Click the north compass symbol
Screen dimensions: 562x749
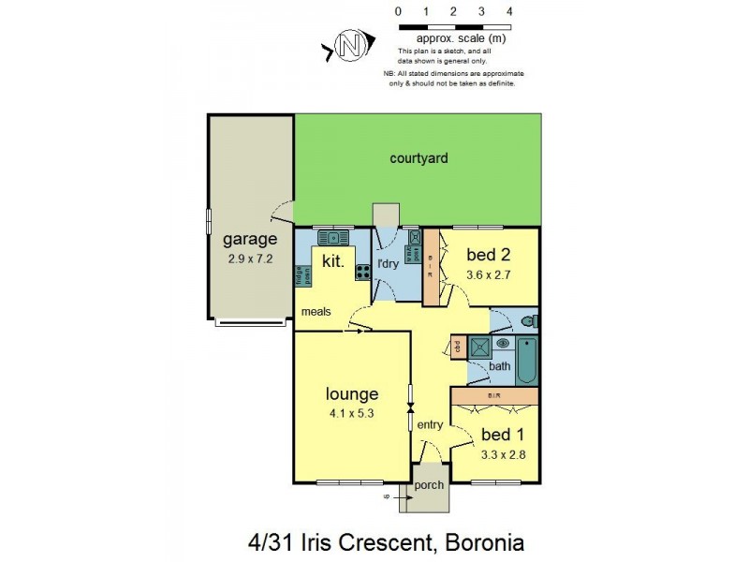pyautogui.click(x=349, y=47)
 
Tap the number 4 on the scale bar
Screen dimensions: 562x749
pyautogui.click(x=508, y=11)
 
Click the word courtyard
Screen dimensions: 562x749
pyautogui.click(x=419, y=158)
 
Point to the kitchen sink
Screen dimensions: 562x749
pyautogui.click(x=332, y=237)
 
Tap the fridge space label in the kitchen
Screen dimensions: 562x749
pyautogui.click(x=302, y=274)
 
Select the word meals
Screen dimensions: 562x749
pyautogui.click(x=316, y=312)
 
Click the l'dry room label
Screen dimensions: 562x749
pyautogui.click(x=388, y=264)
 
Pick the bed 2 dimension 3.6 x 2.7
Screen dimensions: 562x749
pyautogui.click(x=488, y=275)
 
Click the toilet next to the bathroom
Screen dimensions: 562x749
pyautogui.click(x=529, y=323)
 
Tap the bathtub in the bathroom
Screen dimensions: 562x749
pyautogui.click(x=527, y=360)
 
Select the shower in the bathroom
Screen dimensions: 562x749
pyautogui.click(x=479, y=346)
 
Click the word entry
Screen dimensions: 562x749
pyautogui.click(x=430, y=425)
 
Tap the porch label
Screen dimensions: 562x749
pyautogui.click(x=429, y=485)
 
